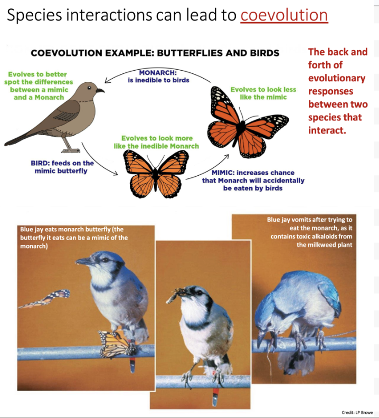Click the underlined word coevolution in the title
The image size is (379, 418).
(x=284, y=15)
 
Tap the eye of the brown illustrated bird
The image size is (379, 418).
(x=89, y=86)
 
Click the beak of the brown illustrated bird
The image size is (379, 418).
(x=100, y=91)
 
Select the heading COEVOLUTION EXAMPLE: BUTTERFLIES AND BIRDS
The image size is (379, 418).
(x=155, y=53)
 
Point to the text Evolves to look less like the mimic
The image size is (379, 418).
(x=263, y=93)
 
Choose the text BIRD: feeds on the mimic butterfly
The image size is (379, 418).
(x=62, y=167)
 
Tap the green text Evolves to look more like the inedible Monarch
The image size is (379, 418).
(x=157, y=142)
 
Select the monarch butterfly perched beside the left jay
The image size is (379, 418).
(x=116, y=343)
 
